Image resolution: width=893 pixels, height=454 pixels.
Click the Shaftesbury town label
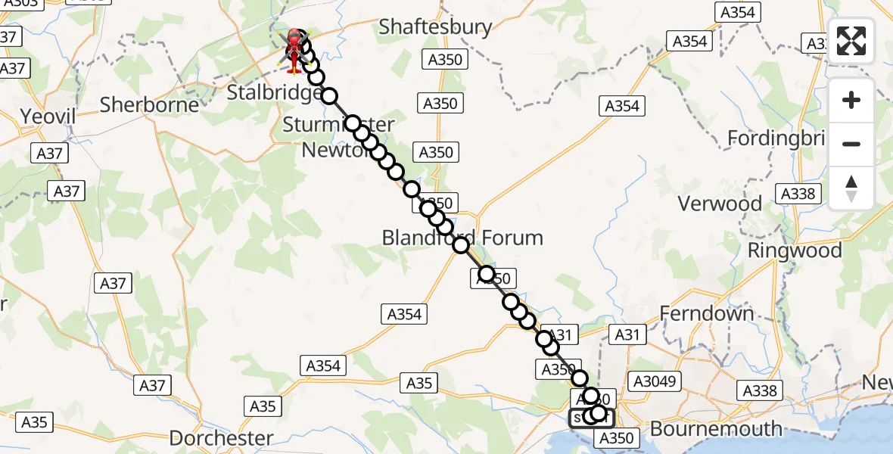(x=435, y=27)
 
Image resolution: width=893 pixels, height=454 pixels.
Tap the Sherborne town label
(x=149, y=104)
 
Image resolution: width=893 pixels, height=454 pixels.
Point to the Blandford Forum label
(x=462, y=238)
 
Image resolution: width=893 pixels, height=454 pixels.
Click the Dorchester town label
(x=221, y=438)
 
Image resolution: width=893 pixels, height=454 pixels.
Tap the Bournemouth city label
(x=716, y=429)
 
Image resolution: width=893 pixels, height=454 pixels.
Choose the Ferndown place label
(x=707, y=313)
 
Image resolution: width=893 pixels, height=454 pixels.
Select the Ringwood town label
(x=795, y=250)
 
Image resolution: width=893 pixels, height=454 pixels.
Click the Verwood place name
(x=720, y=204)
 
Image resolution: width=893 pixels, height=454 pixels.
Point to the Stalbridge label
(x=274, y=93)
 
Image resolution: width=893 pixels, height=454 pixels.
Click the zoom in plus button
(x=851, y=100)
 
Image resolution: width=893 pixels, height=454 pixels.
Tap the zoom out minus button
(x=851, y=144)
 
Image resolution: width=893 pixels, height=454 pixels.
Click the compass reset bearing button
(x=851, y=188)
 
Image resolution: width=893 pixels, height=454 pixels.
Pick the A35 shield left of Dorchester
(x=35, y=422)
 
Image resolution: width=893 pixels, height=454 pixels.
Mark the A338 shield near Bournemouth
(x=760, y=390)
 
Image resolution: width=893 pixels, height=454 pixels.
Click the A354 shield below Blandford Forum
(x=405, y=314)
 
